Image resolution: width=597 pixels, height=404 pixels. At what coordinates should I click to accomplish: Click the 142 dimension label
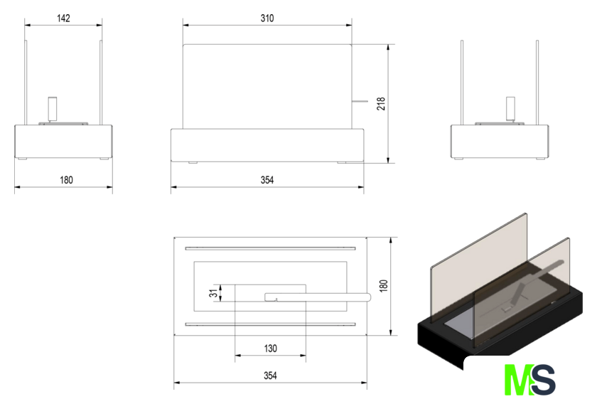point(63,18)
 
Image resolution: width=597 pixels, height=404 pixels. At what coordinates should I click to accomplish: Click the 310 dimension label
point(267,18)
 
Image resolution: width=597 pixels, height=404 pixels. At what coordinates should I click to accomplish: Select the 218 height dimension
point(381,104)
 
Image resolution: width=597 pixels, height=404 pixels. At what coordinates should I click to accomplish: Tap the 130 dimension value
point(270,349)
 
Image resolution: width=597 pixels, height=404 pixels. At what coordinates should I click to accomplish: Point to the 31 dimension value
point(214,293)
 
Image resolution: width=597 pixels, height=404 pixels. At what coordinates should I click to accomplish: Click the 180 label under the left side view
point(66,180)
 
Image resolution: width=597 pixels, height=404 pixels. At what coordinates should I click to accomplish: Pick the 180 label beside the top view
point(383,286)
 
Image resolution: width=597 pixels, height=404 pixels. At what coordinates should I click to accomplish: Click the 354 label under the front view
point(267,180)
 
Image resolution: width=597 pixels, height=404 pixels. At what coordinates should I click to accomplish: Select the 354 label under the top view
point(270,376)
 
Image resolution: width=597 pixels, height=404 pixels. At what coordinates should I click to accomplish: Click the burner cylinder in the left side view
point(52,109)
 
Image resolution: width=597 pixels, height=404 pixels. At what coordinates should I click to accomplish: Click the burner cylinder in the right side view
point(510,109)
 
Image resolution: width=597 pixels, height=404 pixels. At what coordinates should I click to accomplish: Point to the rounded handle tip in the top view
point(368,297)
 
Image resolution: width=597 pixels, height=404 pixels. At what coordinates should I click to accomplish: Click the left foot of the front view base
point(193,163)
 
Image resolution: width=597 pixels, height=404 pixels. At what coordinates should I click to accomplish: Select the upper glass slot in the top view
point(270,248)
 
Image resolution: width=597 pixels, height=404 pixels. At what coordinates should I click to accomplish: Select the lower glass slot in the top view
point(270,325)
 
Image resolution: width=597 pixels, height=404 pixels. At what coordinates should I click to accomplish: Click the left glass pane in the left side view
point(26,83)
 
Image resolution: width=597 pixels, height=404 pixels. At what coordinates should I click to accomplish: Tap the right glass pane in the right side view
point(537,83)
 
